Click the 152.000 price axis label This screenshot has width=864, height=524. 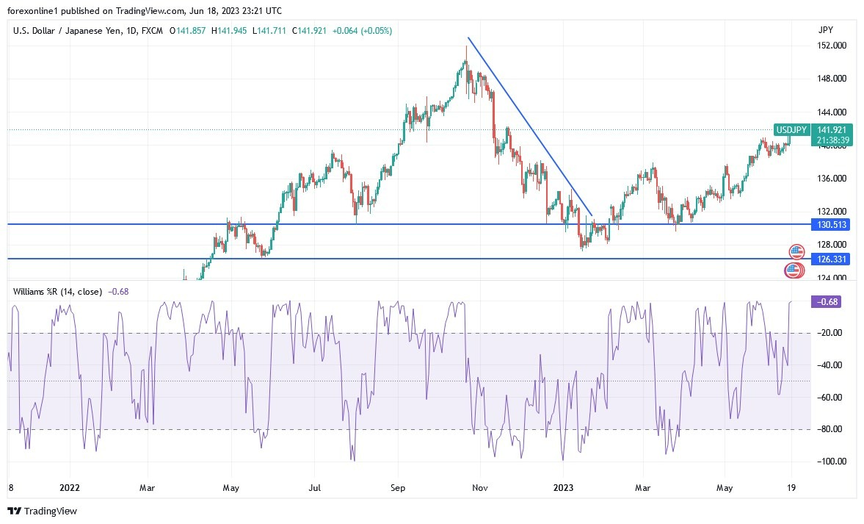(831, 46)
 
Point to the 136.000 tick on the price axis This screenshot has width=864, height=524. (831, 179)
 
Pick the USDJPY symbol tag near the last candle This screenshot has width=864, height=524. (792, 130)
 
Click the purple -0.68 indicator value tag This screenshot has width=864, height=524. (824, 301)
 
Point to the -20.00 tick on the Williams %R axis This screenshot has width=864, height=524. (829, 334)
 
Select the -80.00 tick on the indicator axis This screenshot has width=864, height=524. (829, 429)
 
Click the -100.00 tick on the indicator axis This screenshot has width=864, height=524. (829, 462)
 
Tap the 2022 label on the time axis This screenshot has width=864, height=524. (70, 487)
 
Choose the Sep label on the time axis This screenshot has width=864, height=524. (397, 487)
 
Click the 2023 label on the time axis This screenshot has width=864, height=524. (562, 487)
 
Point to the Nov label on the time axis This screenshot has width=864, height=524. (480, 487)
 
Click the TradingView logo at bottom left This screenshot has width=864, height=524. (42, 511)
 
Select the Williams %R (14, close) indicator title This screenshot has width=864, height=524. (57, 292)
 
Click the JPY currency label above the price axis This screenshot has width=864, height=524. (825, 30)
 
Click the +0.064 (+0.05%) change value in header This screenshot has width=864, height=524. (362, 31)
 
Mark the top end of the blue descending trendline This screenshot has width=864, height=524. (468, 37)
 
